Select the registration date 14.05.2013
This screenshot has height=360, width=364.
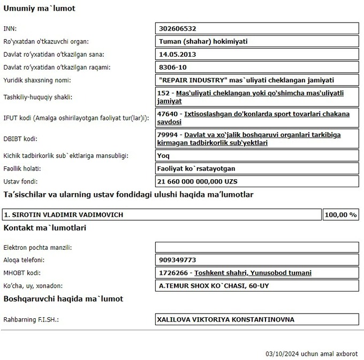pos(177,55)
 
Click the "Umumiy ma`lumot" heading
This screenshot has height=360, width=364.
pos(39,9)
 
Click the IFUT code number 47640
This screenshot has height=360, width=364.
pos(168,114)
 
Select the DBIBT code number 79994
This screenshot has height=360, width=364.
pos(168,135)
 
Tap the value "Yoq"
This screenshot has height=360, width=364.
pos(164,156)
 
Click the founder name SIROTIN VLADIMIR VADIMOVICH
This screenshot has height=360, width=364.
pos(64,215)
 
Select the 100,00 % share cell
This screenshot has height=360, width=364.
pos(340,215)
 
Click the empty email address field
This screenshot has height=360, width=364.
pos(256,247)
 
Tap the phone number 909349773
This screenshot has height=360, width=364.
pos(178,260)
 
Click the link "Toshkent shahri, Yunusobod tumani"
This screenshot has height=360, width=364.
pos(253,273)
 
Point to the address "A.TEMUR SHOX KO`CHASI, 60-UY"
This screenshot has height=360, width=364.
pos(214,286)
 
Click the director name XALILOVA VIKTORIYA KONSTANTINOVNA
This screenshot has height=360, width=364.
pos(225,320)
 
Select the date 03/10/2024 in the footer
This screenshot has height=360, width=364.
pos(283,354)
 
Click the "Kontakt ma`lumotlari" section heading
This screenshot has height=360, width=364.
pos(45,228)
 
